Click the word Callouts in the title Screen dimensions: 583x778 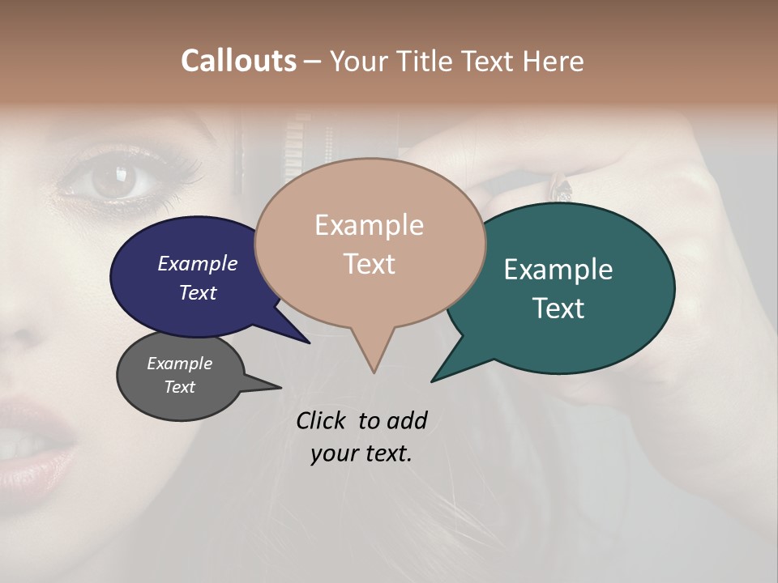[238, 61]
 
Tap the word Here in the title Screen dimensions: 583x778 [554, 61]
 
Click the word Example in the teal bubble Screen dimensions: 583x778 [558, 270]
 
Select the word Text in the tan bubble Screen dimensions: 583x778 [370, 264]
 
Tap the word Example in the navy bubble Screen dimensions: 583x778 [198, 263]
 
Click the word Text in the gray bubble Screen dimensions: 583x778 [180, 387]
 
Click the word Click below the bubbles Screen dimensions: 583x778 [321, 420]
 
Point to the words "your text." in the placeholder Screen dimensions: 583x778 [361, 453]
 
